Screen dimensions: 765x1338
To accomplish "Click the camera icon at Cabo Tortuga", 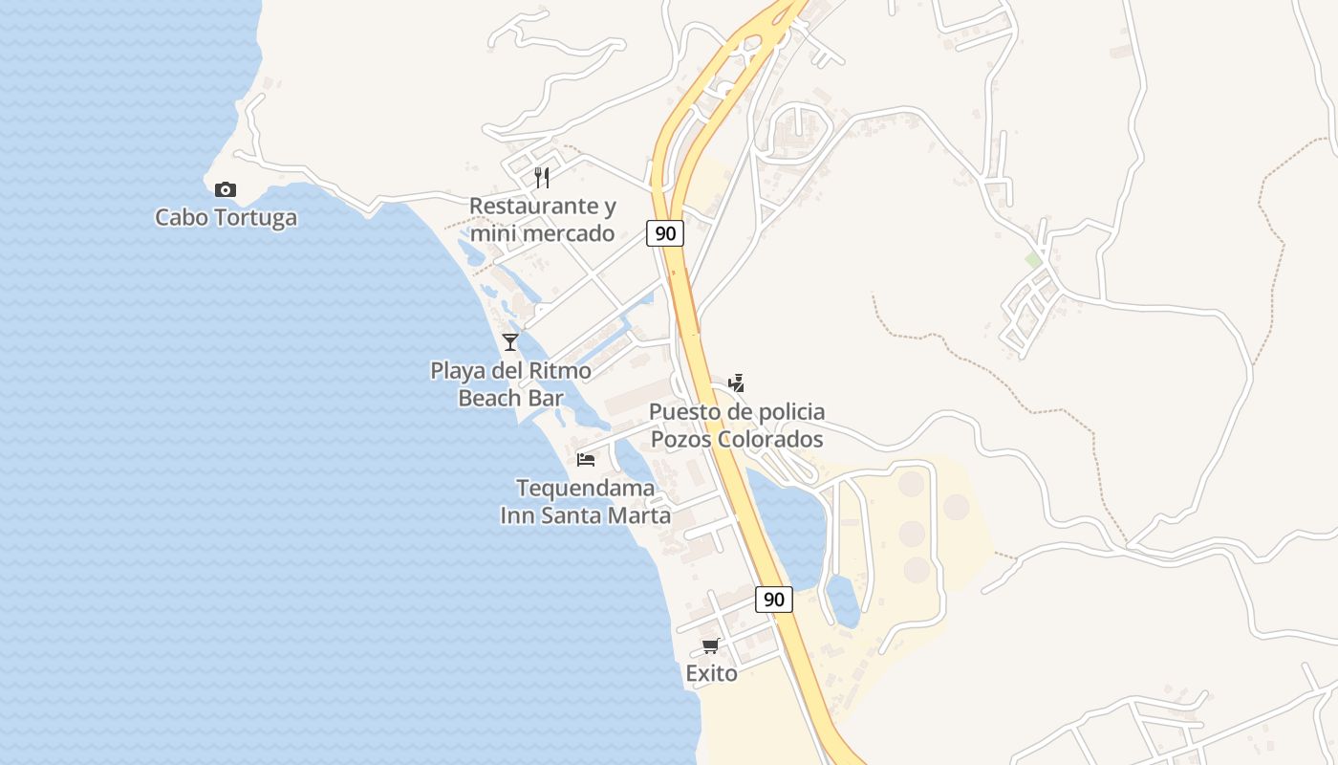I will [x=226, y=189].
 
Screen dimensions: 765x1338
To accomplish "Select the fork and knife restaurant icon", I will [x=542, y=177].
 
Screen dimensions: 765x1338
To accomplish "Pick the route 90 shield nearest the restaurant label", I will [x=665, y=232].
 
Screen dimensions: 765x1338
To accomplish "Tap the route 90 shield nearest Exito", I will [x=774, y=600].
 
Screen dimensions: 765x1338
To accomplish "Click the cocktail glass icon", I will [x=510, y=341].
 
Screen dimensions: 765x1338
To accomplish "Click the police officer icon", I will [x=736, y=383].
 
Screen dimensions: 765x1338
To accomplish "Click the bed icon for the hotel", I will [x=586, y=460].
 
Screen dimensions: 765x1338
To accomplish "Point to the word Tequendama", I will [x=586, y=489].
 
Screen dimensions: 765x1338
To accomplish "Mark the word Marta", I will [x=637, y=515].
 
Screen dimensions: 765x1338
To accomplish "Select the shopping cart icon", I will [x=710, y=646].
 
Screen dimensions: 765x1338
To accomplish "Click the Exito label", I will [x=711, y=674].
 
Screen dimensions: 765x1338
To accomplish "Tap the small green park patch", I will [x=1033, y=259].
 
